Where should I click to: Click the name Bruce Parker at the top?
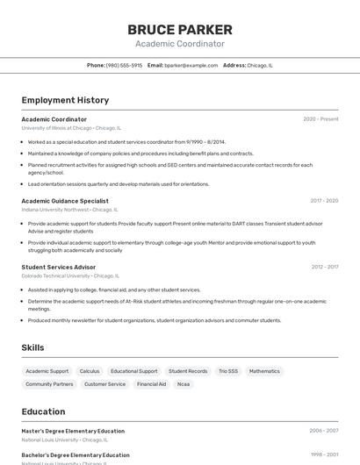180,29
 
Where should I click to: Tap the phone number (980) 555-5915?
124,65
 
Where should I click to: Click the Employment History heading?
65,100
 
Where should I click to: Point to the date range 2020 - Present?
320,119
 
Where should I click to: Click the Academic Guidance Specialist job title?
65,201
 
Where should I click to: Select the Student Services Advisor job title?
59,267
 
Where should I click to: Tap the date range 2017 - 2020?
324,201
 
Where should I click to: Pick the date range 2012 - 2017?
324,267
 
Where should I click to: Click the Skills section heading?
32,347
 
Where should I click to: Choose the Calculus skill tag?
90,371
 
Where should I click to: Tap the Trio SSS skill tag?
228,371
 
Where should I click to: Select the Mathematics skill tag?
264,371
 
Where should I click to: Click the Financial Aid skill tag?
151,384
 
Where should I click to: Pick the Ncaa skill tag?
184,384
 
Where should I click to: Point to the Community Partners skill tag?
49,384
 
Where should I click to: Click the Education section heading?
43,411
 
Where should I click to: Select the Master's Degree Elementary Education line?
73,431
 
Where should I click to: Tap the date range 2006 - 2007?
324,431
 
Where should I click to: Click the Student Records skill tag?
188,371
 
